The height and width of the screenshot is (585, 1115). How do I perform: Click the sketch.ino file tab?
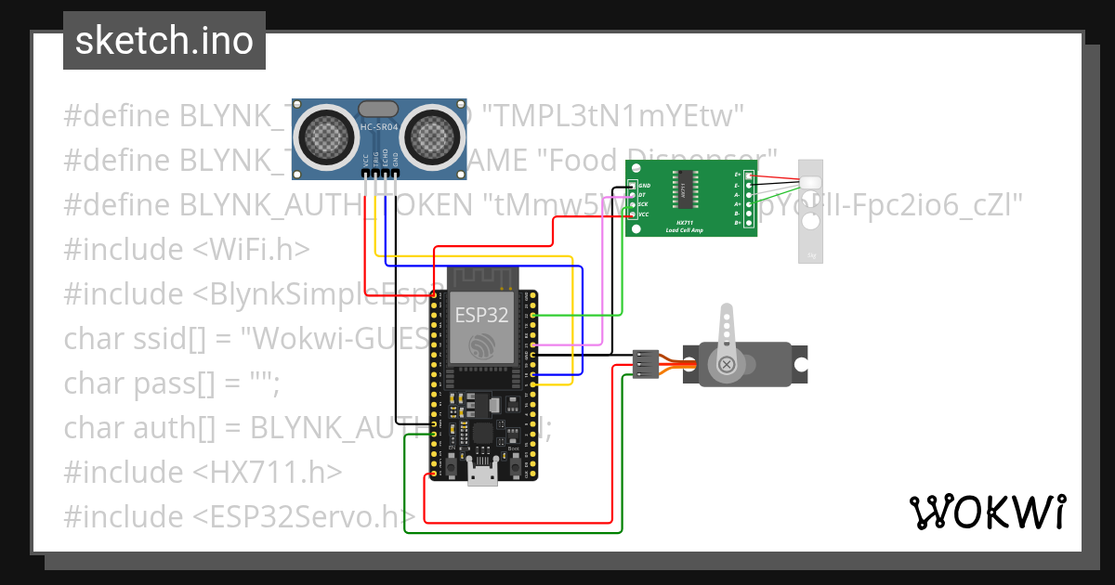point(164,41)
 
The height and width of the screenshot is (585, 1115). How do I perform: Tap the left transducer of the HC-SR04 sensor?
point(324,136)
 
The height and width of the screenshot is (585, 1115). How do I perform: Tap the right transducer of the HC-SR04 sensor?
point(433,136)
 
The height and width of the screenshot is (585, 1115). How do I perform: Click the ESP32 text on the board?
point(480,315)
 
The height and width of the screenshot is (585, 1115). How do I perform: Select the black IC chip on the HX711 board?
point(683,188)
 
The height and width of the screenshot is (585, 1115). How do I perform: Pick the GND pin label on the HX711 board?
point(644,186)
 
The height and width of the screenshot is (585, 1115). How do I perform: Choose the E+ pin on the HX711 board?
point(749,175)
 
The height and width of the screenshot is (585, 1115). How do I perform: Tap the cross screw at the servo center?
point(725,364)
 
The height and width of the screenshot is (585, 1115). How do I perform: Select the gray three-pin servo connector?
point(647,363)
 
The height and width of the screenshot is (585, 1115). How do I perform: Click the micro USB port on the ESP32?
point(481,474)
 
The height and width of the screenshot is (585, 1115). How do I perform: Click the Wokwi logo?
point(986,512)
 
